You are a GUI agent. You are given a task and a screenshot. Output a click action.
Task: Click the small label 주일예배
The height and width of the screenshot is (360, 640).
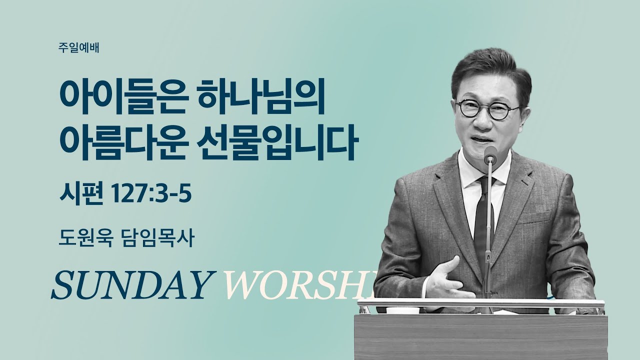pos(78,47)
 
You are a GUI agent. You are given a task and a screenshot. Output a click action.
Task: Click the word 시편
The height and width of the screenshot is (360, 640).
pos(81,193)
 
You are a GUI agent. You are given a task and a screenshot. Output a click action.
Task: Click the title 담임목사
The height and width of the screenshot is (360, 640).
pos(156,238)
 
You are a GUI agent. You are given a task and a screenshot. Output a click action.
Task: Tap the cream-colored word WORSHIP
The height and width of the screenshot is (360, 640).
pos(297,285)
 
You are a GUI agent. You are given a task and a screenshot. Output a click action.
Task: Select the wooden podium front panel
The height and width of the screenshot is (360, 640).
pos(480,337)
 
